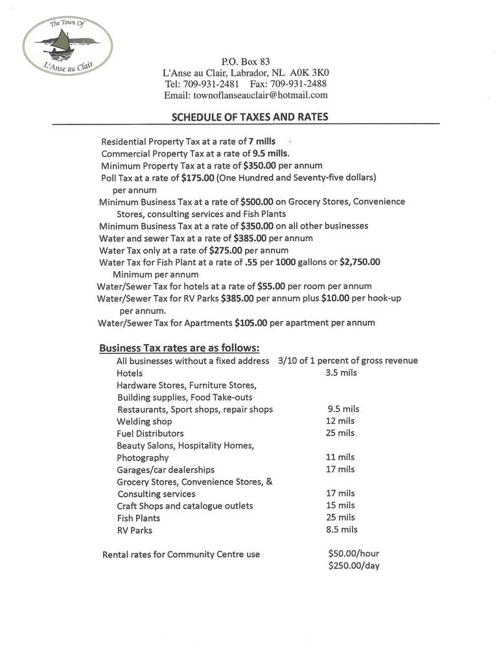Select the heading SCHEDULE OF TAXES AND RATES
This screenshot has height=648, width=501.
250,117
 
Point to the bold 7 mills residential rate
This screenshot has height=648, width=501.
262,141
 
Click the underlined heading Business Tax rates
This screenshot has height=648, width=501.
180,348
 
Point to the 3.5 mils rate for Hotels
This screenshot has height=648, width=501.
341,373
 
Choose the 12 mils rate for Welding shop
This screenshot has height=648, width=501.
340,421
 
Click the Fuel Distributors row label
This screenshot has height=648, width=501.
150,434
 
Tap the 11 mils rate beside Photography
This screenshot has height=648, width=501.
340,457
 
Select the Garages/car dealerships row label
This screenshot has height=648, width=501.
166,470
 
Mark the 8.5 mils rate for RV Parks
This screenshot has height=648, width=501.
342,529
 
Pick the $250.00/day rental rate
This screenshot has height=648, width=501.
354,566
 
